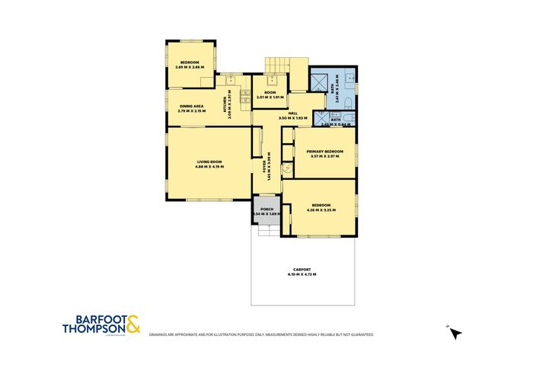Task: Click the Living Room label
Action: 209,162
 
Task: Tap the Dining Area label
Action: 191,106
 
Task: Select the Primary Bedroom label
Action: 325,152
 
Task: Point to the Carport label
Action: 303,271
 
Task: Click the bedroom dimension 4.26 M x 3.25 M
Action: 320,210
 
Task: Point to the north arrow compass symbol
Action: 455,331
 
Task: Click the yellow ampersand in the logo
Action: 133,325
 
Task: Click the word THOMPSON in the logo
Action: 93,330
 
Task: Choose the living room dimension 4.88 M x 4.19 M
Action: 209,166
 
